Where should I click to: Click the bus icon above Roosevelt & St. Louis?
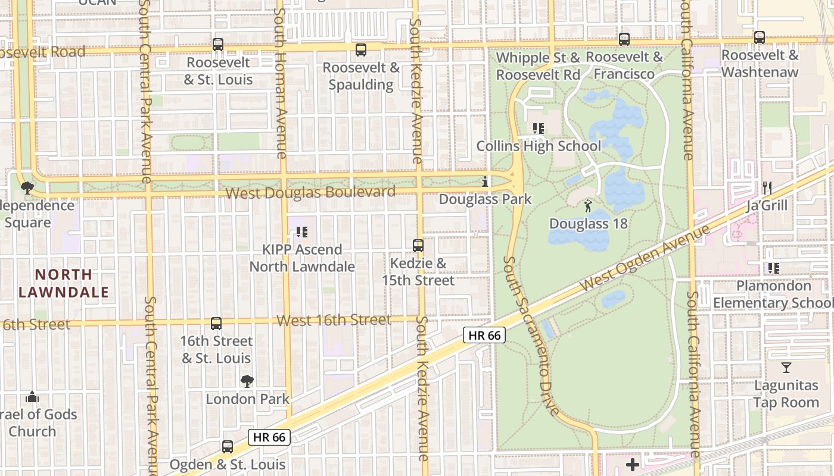pyautogui.click(x=218, y=45)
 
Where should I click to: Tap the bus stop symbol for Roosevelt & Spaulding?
pyautogui.click(x=361, y=50)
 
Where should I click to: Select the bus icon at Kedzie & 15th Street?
pyautogui.click(x=418, y=246)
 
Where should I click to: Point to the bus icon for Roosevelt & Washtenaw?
pyautogui.click(x=760, y=37)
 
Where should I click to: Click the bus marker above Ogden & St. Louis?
pyautogui.click(x=228, y=447)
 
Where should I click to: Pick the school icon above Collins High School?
pyautogui.click(x=539, y=129)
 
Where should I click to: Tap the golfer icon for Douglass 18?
pyautogui.click(x=589, y=206)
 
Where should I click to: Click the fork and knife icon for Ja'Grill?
pyautogui.click(x=767, y=188)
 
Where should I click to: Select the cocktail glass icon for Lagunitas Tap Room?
pyautogui.click(x=786, y=368)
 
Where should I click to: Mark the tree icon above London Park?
pyautogui.click(x=247, y=381)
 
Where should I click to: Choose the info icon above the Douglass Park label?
pyautogui.click(x=485, y=181)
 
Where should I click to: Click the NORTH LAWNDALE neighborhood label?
pyautogui.click(x=64, y=283)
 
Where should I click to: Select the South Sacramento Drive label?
pyautogui.click(x=531, y=336)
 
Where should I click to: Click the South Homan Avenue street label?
pyautogui.click(x=281, y=83)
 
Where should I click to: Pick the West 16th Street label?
pyautogui.click(x=334, y=321)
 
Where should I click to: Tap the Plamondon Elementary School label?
pyautogui.click(x=773, y=295)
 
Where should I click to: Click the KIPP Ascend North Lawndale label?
pyautogui.click(x=302, y=258)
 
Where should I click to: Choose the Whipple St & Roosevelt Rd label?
pyautogui.click(x=538, y=66)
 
